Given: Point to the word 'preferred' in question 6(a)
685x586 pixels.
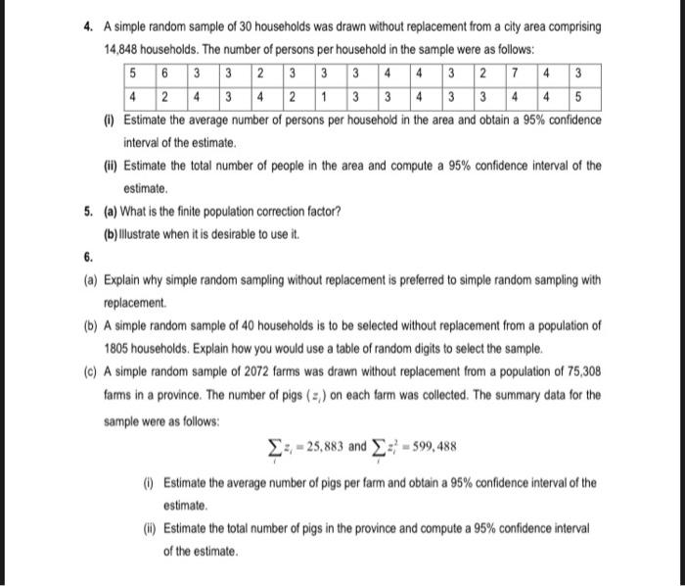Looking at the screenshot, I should (400, 280).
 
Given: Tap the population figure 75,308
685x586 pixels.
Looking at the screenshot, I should (579, 371).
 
